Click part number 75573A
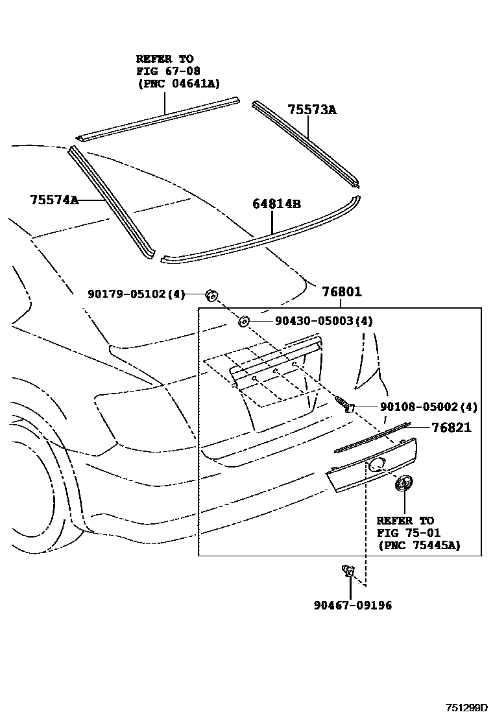tap(312, 110)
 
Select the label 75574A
tap(54, 200)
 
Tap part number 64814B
tap(276, 204)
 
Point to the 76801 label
tap(341, 292)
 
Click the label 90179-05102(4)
tap(136, 294)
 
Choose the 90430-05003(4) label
tap(315, 320)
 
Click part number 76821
tap(451, 427)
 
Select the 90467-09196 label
tap(353, 605)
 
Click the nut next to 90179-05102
tap(211, 296)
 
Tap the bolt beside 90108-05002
tap(344, 405)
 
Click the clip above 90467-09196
tap(348, 571)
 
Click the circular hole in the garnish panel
tap(376, 464)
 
